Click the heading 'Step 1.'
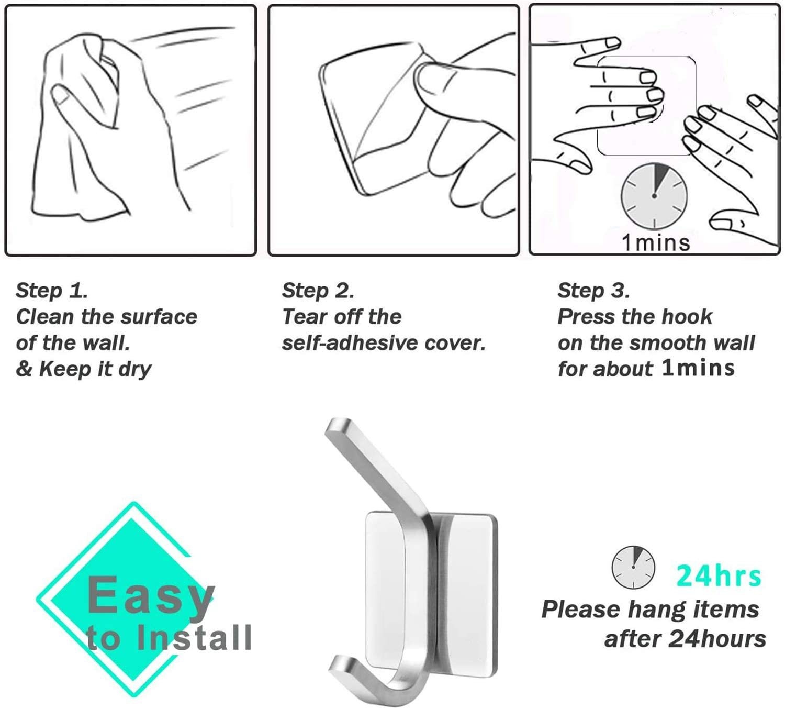(52, 291)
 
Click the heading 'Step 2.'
(318, 291)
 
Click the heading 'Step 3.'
(593, 291)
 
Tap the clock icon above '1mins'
(654, 196)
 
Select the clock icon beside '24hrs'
(633, 568)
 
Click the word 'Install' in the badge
(194, 638)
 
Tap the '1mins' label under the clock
(656, 243)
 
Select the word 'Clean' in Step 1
(44, 317)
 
